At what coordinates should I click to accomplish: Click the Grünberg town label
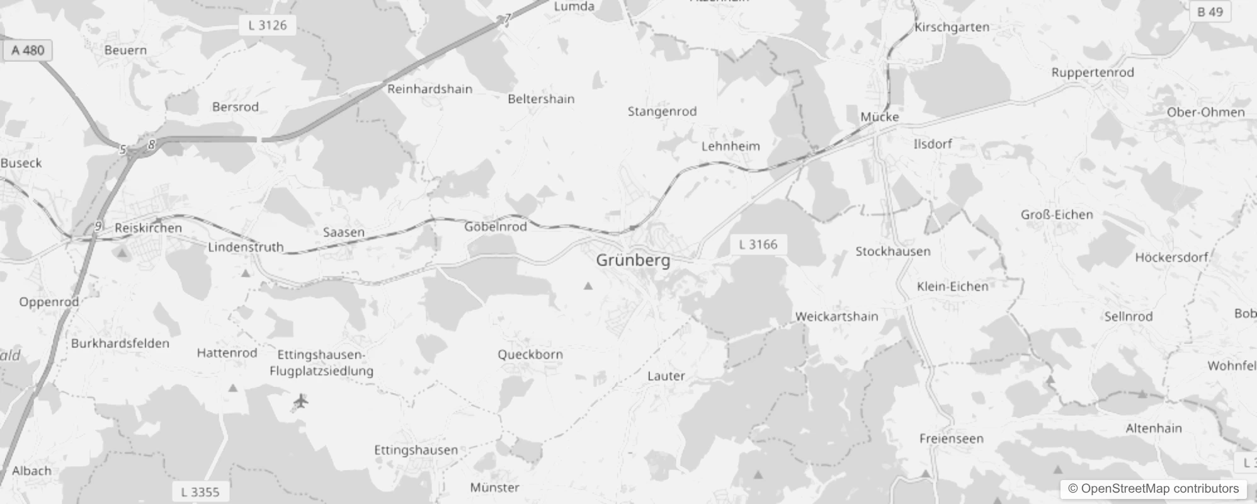click(633, 260)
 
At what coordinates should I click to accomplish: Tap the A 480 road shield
click(28, 50)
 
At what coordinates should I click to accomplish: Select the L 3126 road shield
click(267, 25)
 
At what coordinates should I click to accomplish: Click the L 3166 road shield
click(758, 244)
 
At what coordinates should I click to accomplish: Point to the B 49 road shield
click(1210, 12)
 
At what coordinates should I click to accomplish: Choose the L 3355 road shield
click(200, 492)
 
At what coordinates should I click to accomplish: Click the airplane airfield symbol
click(301, 401)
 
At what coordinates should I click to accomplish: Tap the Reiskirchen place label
click(148, 228)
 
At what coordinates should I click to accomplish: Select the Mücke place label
click(880, 117)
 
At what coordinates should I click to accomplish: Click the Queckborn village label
click(530, 355)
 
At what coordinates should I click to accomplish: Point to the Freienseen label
click(951, 438)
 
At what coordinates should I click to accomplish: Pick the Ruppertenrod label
click(1093, 72)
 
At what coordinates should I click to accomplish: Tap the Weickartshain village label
click(836, 316)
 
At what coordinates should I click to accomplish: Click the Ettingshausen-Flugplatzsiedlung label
click(321, 363)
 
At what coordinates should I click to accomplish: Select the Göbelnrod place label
click(496, 227)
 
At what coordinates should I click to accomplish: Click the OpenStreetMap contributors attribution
click(1153, 489)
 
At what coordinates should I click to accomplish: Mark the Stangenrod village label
click(662, 112)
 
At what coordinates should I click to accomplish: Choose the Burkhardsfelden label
click(120, 343)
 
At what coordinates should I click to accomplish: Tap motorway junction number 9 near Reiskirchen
click(98, 226)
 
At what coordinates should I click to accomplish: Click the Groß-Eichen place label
click(1057, 215)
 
